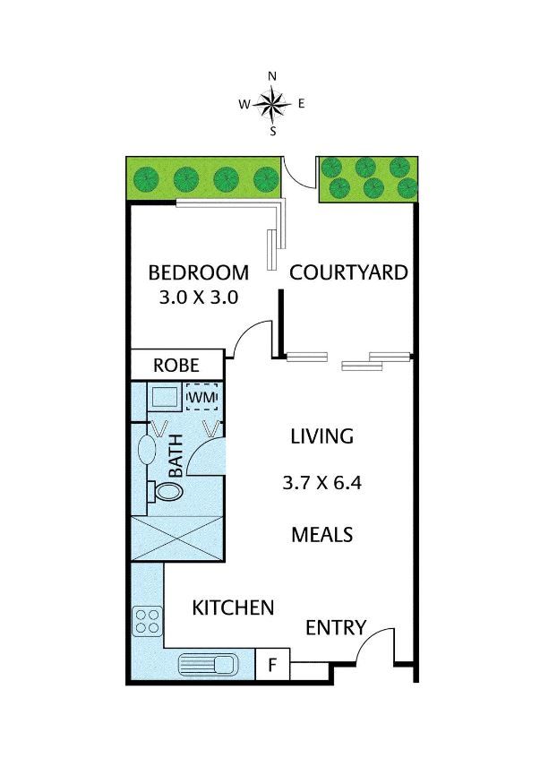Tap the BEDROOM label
pyautogui.click(x=199, y=272)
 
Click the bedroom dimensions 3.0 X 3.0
pyautogui.click(x=199, y=297)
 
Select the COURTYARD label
pyautogui.click(x=348, y=272)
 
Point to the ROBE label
pyautogui.click(x=176, y=366)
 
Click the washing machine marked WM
pyautogui.click(x=201, y=397)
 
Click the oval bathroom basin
pyautogui.click(x=147, y=450)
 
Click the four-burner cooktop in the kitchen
pyautogui.click(x=148, y=621)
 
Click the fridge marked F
pyautogui.click(x=273, y=664)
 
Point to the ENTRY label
pyautogui.click(x=336, y=627)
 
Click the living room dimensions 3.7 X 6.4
pyautogui.click(x=322, y=483)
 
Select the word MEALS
pyautogui.click(x=322, y=535)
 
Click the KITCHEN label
pyautogui.click(x=233, y=608)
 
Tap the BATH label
pyautogui.click(x=176, y=455)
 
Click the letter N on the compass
pyautogui.click(x=273, y=76)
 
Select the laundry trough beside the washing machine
pyautogui.click(x=164, y=397)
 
